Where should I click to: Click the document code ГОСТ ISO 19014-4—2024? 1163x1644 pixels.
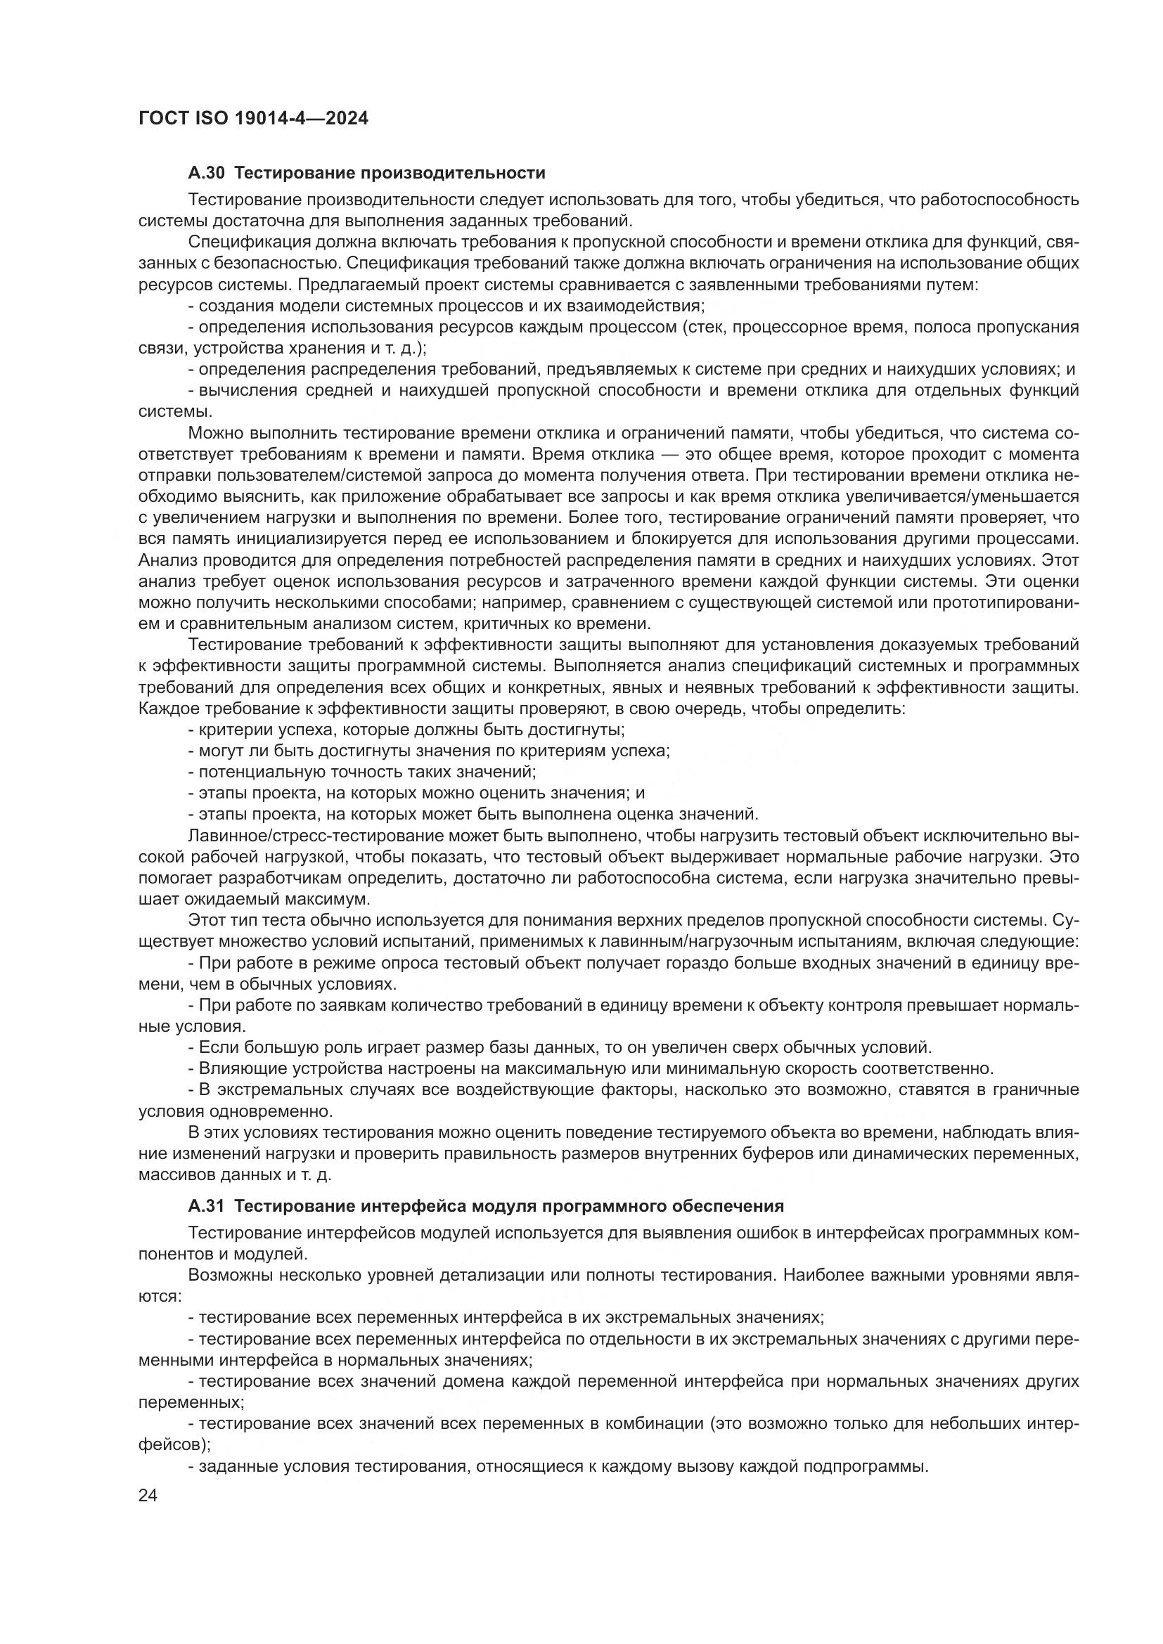(x=253, y=119)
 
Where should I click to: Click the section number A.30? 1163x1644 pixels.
(x=207, y=174)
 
